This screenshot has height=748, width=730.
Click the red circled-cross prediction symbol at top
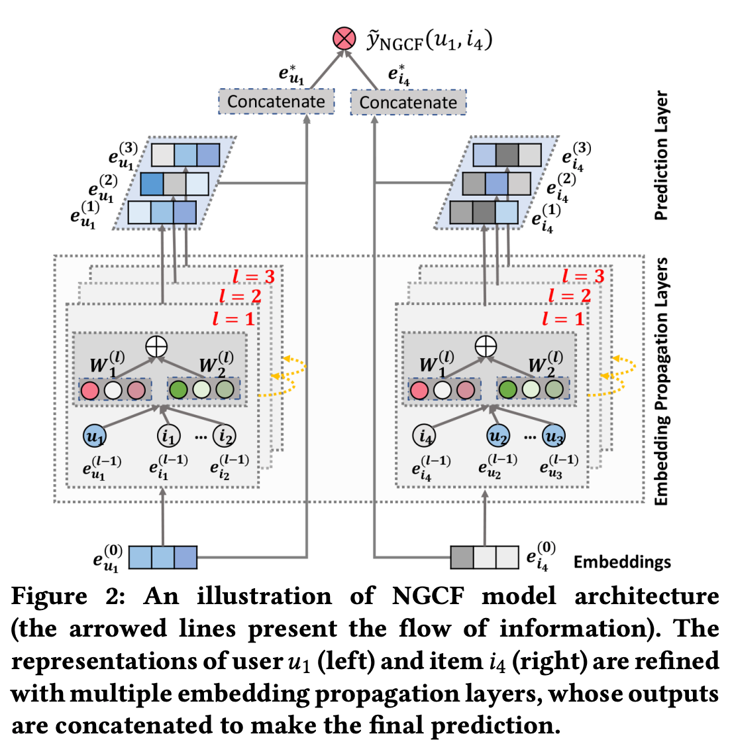coord(344,38)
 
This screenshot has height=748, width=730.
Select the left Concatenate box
coord(276,101)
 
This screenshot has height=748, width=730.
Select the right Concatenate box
coord(408,103)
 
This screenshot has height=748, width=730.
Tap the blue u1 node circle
coord(95,436)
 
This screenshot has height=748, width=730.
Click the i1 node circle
coord(168,436)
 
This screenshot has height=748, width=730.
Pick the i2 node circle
coord(225,436)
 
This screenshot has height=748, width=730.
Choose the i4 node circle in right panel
coord(424,436)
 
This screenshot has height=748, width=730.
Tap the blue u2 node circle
coord(497,436)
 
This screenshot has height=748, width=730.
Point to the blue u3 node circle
coord(553,436)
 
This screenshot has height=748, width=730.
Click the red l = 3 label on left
coord(253,277)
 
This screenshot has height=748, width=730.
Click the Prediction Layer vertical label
coord(661,156)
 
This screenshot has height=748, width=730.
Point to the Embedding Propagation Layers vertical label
coord(661,381)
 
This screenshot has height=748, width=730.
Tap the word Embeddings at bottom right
coord(621,562)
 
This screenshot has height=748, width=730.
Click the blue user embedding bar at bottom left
coord(162,557)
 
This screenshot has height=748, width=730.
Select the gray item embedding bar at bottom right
coord(484,557)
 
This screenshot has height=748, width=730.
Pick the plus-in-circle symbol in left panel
coord(156,346)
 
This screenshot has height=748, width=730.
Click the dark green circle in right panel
coord(508,389)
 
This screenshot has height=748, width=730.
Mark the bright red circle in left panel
coord(89,390)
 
